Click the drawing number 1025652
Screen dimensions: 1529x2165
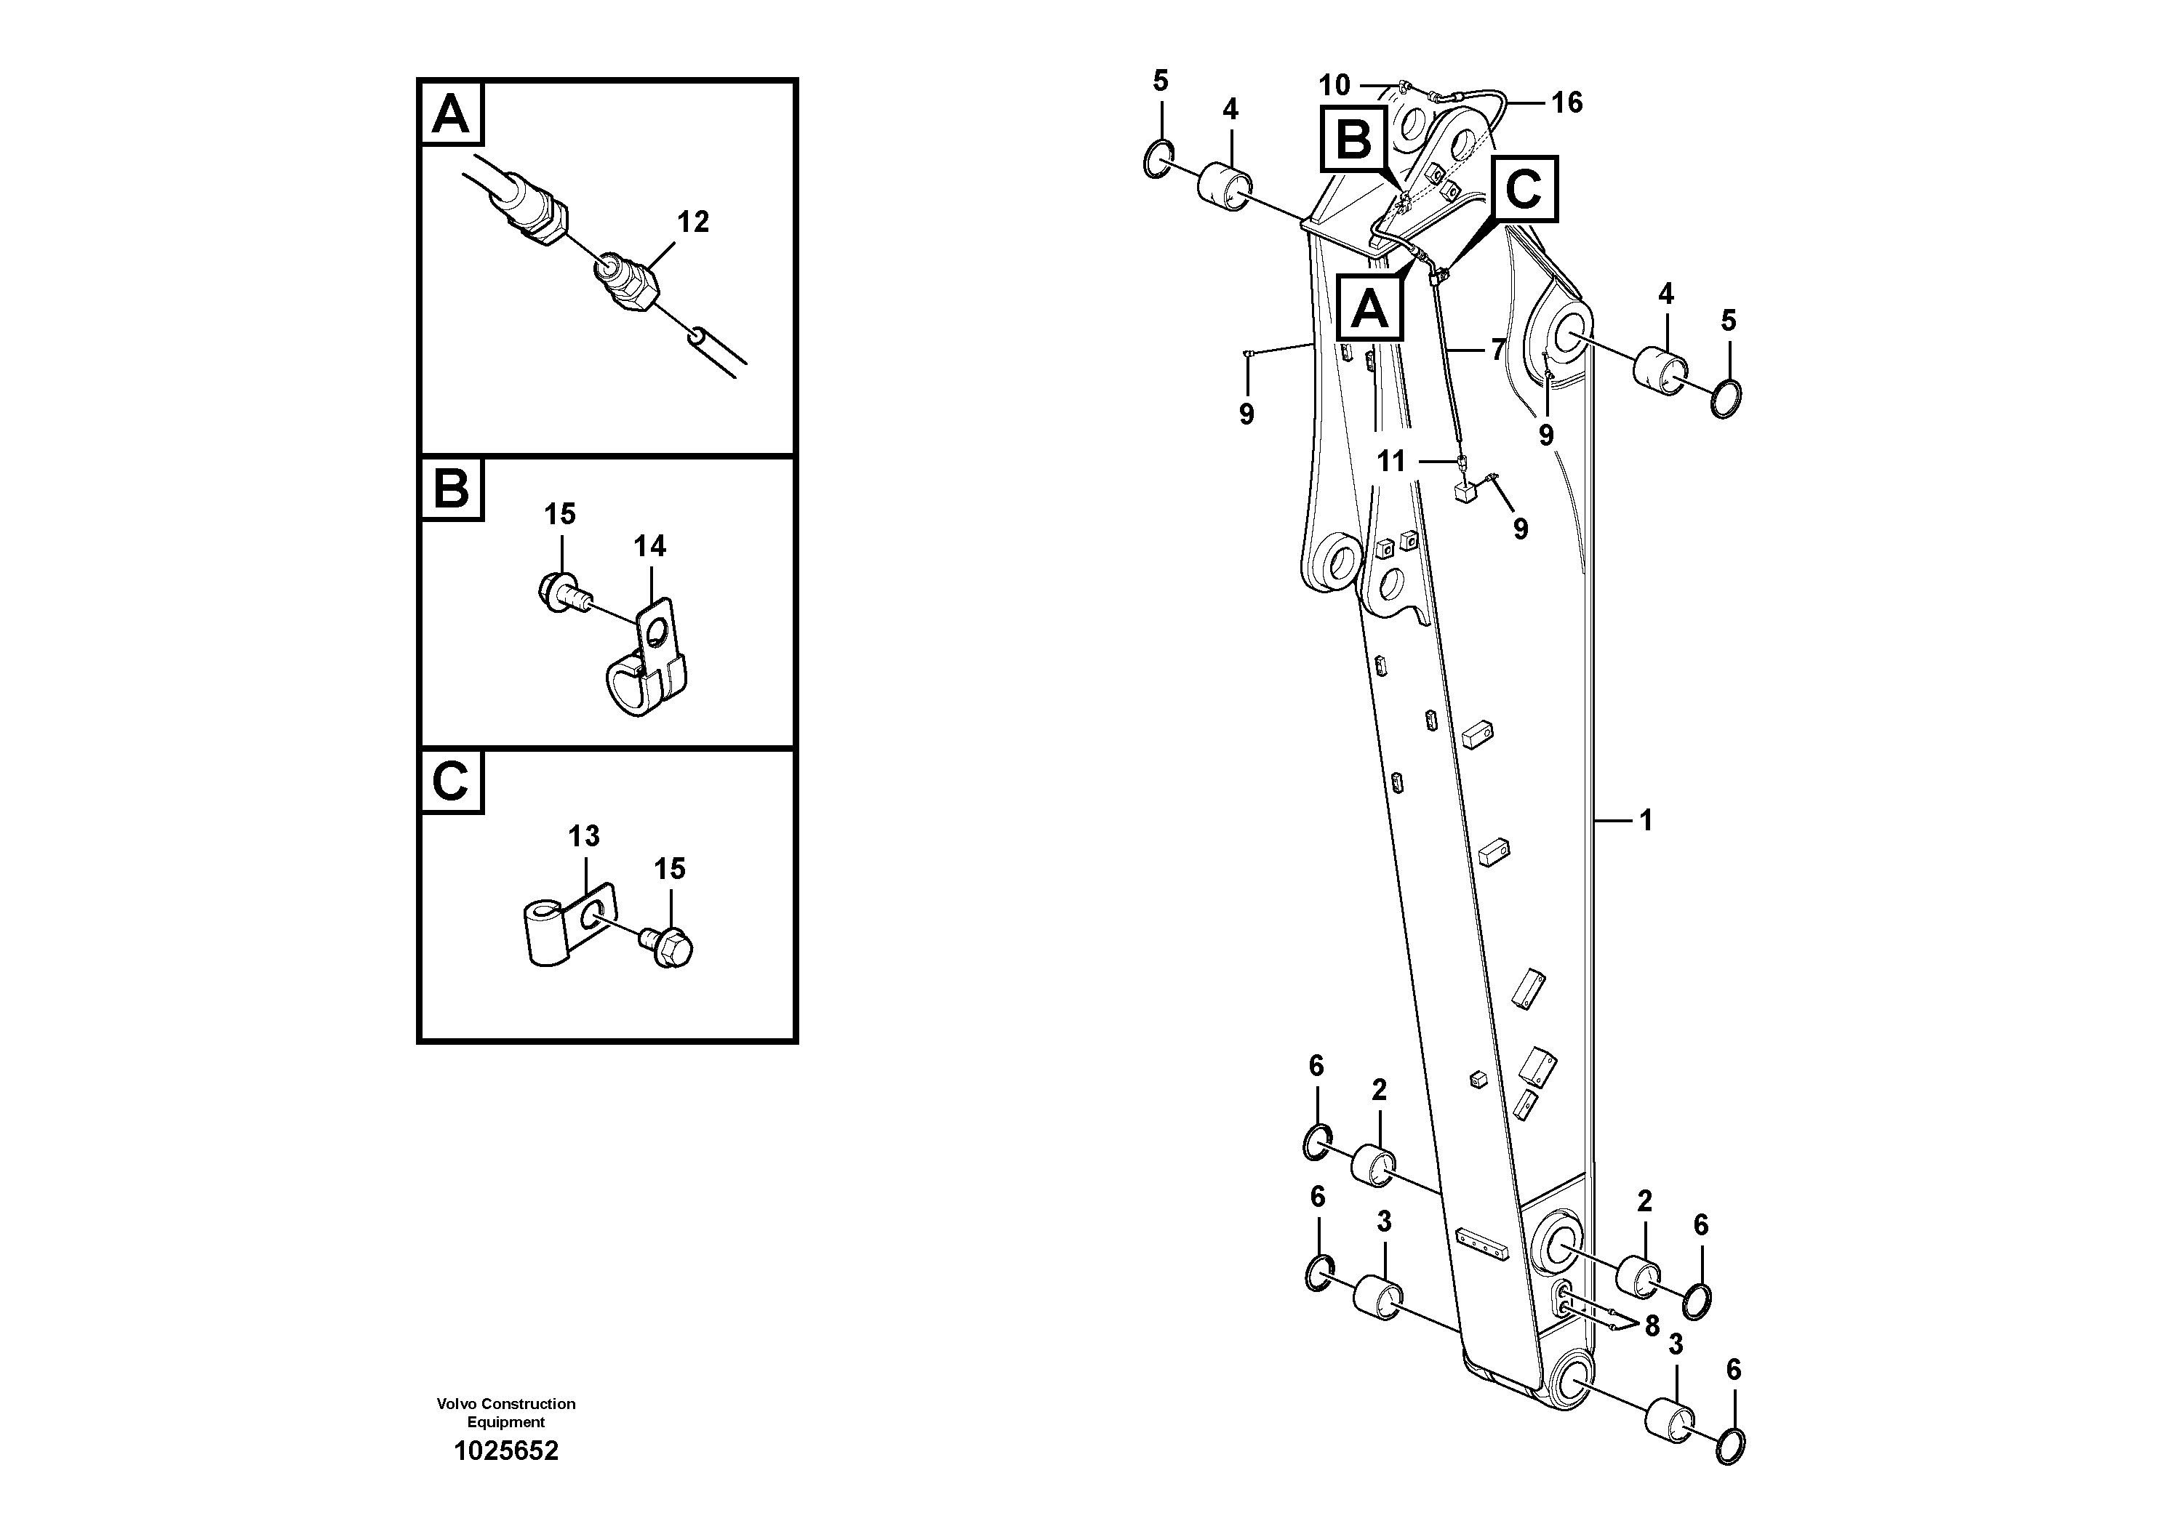coord(505,1450)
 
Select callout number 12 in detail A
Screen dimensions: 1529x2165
coord(692,222)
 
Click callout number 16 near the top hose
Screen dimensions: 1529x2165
coord(1566,102)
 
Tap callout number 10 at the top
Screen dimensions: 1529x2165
coord(1333,86)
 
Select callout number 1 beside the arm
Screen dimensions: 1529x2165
coord(1646,821)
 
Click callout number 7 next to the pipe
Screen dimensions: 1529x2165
coord(1497,350)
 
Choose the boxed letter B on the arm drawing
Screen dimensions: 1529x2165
coord(1354,140)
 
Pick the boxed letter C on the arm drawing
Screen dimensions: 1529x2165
coord(1523,188)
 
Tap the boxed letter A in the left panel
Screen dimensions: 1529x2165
coord(451,114)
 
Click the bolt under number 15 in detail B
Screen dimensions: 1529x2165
coord(562,591)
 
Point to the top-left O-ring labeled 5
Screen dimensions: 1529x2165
coord(1158,159)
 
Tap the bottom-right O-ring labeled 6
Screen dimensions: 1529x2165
coord(1730,1447)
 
